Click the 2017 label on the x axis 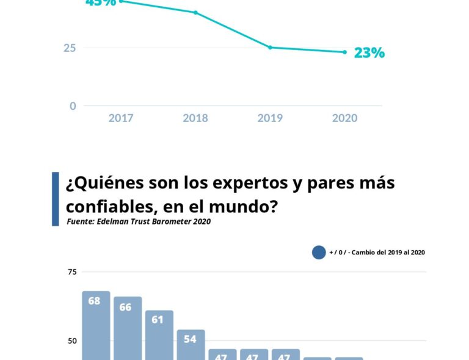click(x=121, y=118)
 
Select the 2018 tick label click(x=195, y=118)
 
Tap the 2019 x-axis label click(x=270, y=118)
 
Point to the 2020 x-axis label click(x=344, y=118)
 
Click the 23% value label click(x=369, y=53)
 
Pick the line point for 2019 click(x=270, y=48)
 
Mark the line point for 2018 click(x=195, y=12)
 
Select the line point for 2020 click(x=344, y=52)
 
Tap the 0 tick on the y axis click(x=73, y=106)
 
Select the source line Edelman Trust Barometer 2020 click(x=139, y=221)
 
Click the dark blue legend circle click(x=319, y=252)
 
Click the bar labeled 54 click(x=191, y=344)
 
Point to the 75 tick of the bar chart click(x=72, y=272)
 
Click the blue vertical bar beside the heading click(x=56, y=199)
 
